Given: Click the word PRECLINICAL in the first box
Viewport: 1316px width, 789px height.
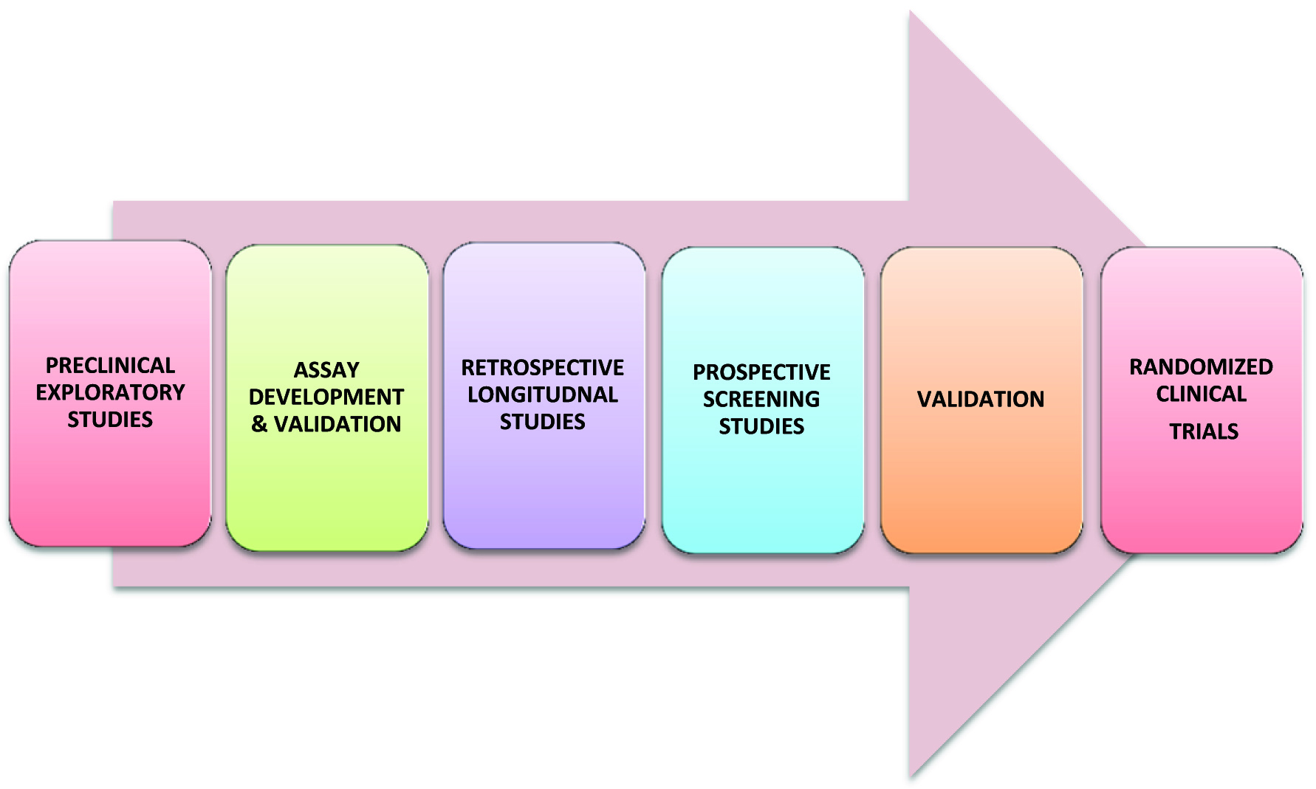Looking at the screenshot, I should (110, 366).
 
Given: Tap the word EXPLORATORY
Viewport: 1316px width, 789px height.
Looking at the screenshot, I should (110, 392).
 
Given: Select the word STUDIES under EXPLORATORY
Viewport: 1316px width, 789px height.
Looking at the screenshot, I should (110, 420).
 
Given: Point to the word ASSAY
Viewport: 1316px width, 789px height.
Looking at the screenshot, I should (326, 370).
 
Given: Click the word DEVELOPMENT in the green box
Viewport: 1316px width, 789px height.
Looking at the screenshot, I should (326, 397).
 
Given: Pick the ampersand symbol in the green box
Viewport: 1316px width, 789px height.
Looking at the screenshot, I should (259, 424).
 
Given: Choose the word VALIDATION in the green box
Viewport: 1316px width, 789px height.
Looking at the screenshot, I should (337, 424).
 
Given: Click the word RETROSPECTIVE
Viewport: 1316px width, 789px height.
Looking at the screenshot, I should (542, 368).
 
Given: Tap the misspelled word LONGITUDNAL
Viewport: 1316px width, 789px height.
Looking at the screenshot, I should (542, 394).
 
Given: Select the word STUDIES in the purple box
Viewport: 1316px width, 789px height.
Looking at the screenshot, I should (542, 422).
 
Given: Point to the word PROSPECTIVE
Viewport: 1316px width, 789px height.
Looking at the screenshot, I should (761, 372).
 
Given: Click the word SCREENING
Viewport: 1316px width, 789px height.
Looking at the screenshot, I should (761, 400).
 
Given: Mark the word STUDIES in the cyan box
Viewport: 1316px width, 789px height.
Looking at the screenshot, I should (761, 426).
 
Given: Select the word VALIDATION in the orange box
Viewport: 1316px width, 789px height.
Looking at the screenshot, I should (981, 400).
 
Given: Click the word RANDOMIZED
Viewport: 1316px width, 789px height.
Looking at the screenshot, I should (1201, 367).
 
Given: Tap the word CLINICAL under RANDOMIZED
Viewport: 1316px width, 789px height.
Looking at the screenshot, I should (1201, 394).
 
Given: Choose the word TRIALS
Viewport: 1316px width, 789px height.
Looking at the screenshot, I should (1204, 431).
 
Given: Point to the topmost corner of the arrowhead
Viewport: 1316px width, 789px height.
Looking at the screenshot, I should (911, 12).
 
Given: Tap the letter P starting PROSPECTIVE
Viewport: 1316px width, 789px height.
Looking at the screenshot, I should (699, 372).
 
